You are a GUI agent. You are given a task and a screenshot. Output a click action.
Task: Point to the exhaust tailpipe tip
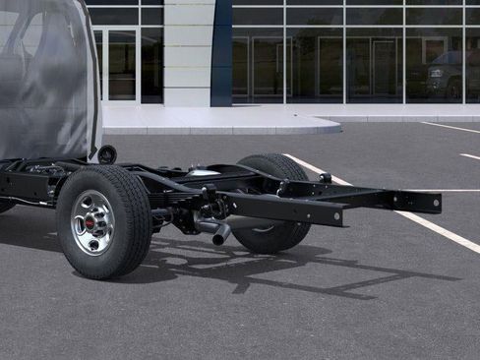tap(220, 235)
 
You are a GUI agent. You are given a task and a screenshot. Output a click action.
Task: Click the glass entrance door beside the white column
tap(120, 65)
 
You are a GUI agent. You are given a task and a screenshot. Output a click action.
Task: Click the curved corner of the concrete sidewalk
tap(330, 126)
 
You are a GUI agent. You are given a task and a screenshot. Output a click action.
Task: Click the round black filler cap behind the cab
tap(106, 154)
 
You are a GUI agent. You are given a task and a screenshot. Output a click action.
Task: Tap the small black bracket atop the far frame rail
tap(325, 177)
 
